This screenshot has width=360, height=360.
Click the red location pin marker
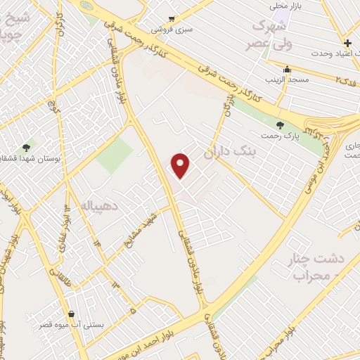click(x=181, y=166)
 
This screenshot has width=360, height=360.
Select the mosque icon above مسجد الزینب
click(x=286, y=70)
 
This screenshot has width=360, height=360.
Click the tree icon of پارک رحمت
click(x=281, y=125)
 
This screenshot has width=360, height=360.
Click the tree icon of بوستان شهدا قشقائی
click(x=27, y=147)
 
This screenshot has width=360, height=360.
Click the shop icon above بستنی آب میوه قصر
click(x=71, y=314)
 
